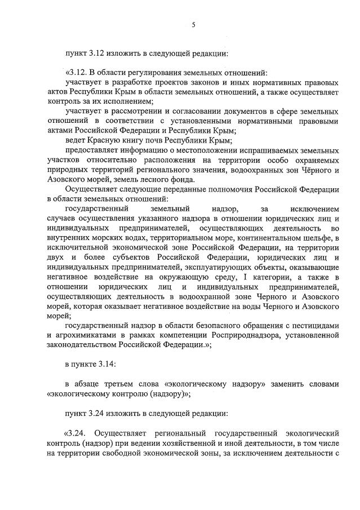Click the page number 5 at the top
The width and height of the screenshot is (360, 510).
193,24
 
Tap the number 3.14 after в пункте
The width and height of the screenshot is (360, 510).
105,365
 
